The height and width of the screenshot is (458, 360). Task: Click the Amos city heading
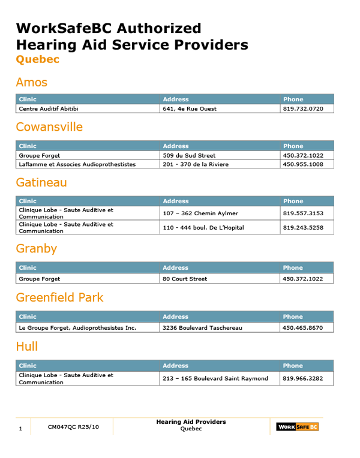tap(31, 82)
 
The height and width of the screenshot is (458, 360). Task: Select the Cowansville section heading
tap(49, 127)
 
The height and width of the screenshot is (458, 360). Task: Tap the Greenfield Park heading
tap(59, 297)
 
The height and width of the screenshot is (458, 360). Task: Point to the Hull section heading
tap(26, 346)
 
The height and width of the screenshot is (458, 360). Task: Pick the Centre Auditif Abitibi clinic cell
tap(49, 109)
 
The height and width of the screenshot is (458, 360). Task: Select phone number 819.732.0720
tap(303, 109)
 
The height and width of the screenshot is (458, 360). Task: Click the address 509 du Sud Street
tap(189, 155)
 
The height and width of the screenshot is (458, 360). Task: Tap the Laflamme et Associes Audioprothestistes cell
tap(77, 164)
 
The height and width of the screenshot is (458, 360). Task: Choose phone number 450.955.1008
tap(303, 164)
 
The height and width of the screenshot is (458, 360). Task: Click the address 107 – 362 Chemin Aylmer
tap(200, 213)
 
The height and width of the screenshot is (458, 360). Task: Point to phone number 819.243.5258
tap(303, 228)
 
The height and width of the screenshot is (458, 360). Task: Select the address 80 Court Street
tap(185, 279)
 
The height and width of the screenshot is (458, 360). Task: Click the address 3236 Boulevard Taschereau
tap(202, 328)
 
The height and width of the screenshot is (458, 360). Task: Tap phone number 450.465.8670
tap(303, 328)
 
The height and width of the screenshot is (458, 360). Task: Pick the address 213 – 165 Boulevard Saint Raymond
tap(215, 378)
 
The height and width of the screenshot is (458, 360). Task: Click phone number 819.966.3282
tap(303, 378)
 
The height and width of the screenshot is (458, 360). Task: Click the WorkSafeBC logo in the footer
tap(297, 427)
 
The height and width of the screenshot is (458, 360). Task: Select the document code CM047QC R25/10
tap(73, 427)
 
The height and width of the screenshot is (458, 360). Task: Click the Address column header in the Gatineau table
tap(175, 201)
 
